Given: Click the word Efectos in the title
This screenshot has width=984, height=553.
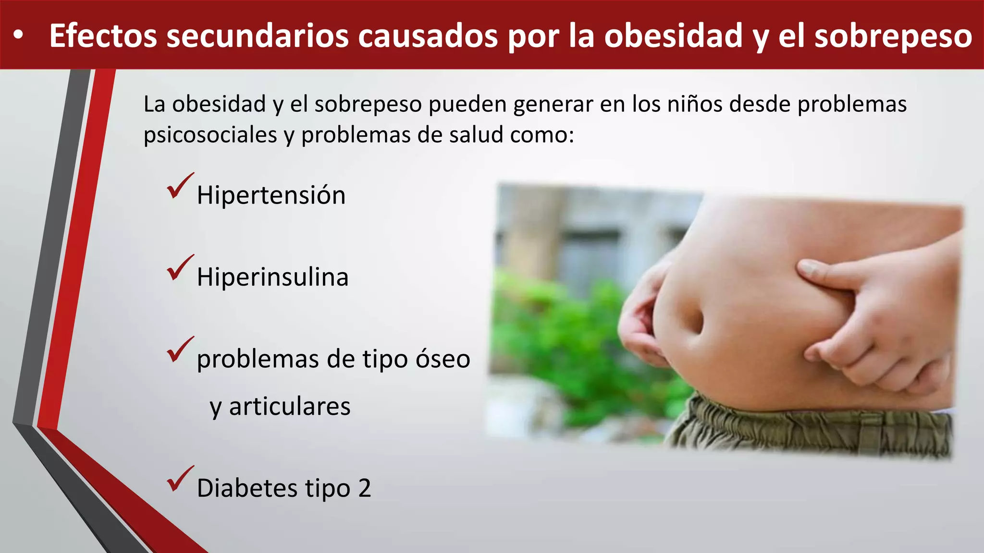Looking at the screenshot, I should pos(103,36).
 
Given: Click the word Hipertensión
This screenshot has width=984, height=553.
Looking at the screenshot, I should pos(271,195).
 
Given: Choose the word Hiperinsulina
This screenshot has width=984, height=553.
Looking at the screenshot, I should pos(272,277).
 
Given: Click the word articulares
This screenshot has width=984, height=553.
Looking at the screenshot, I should pos(290,407).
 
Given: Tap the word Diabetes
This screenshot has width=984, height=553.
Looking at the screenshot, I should pos(247,488).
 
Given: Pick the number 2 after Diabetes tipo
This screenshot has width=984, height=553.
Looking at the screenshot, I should pos(365,488).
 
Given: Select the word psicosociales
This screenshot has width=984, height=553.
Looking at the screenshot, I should pos(210,135).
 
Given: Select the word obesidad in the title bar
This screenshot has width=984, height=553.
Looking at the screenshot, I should pos(673,36).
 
